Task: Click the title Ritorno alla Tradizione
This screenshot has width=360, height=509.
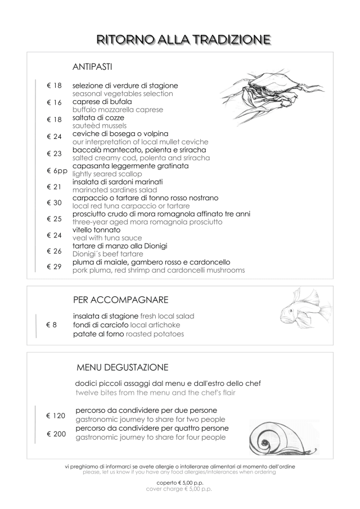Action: pyautogui.click(x=180, y=39)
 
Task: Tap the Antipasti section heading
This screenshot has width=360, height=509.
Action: pyautogui.click(x=93, y=67)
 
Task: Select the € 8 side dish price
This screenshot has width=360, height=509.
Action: pyautogui.click(x=52, y=325)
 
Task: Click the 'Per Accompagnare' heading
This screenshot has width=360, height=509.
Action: pyautogui.click(x=121, y=299)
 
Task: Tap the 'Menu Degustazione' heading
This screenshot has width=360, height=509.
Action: pyautogui.click(x=122, y=368)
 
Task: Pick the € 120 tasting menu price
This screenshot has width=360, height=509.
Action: pyautogui.click(x=56, y=416)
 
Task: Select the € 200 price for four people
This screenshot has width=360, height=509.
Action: pyautogui.click(x=56, y=434)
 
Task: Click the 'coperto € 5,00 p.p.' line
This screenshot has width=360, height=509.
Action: pyautogui.click(x=179, y=482)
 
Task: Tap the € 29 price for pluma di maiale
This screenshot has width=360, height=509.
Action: pyautogui.click(x=54, y=266)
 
